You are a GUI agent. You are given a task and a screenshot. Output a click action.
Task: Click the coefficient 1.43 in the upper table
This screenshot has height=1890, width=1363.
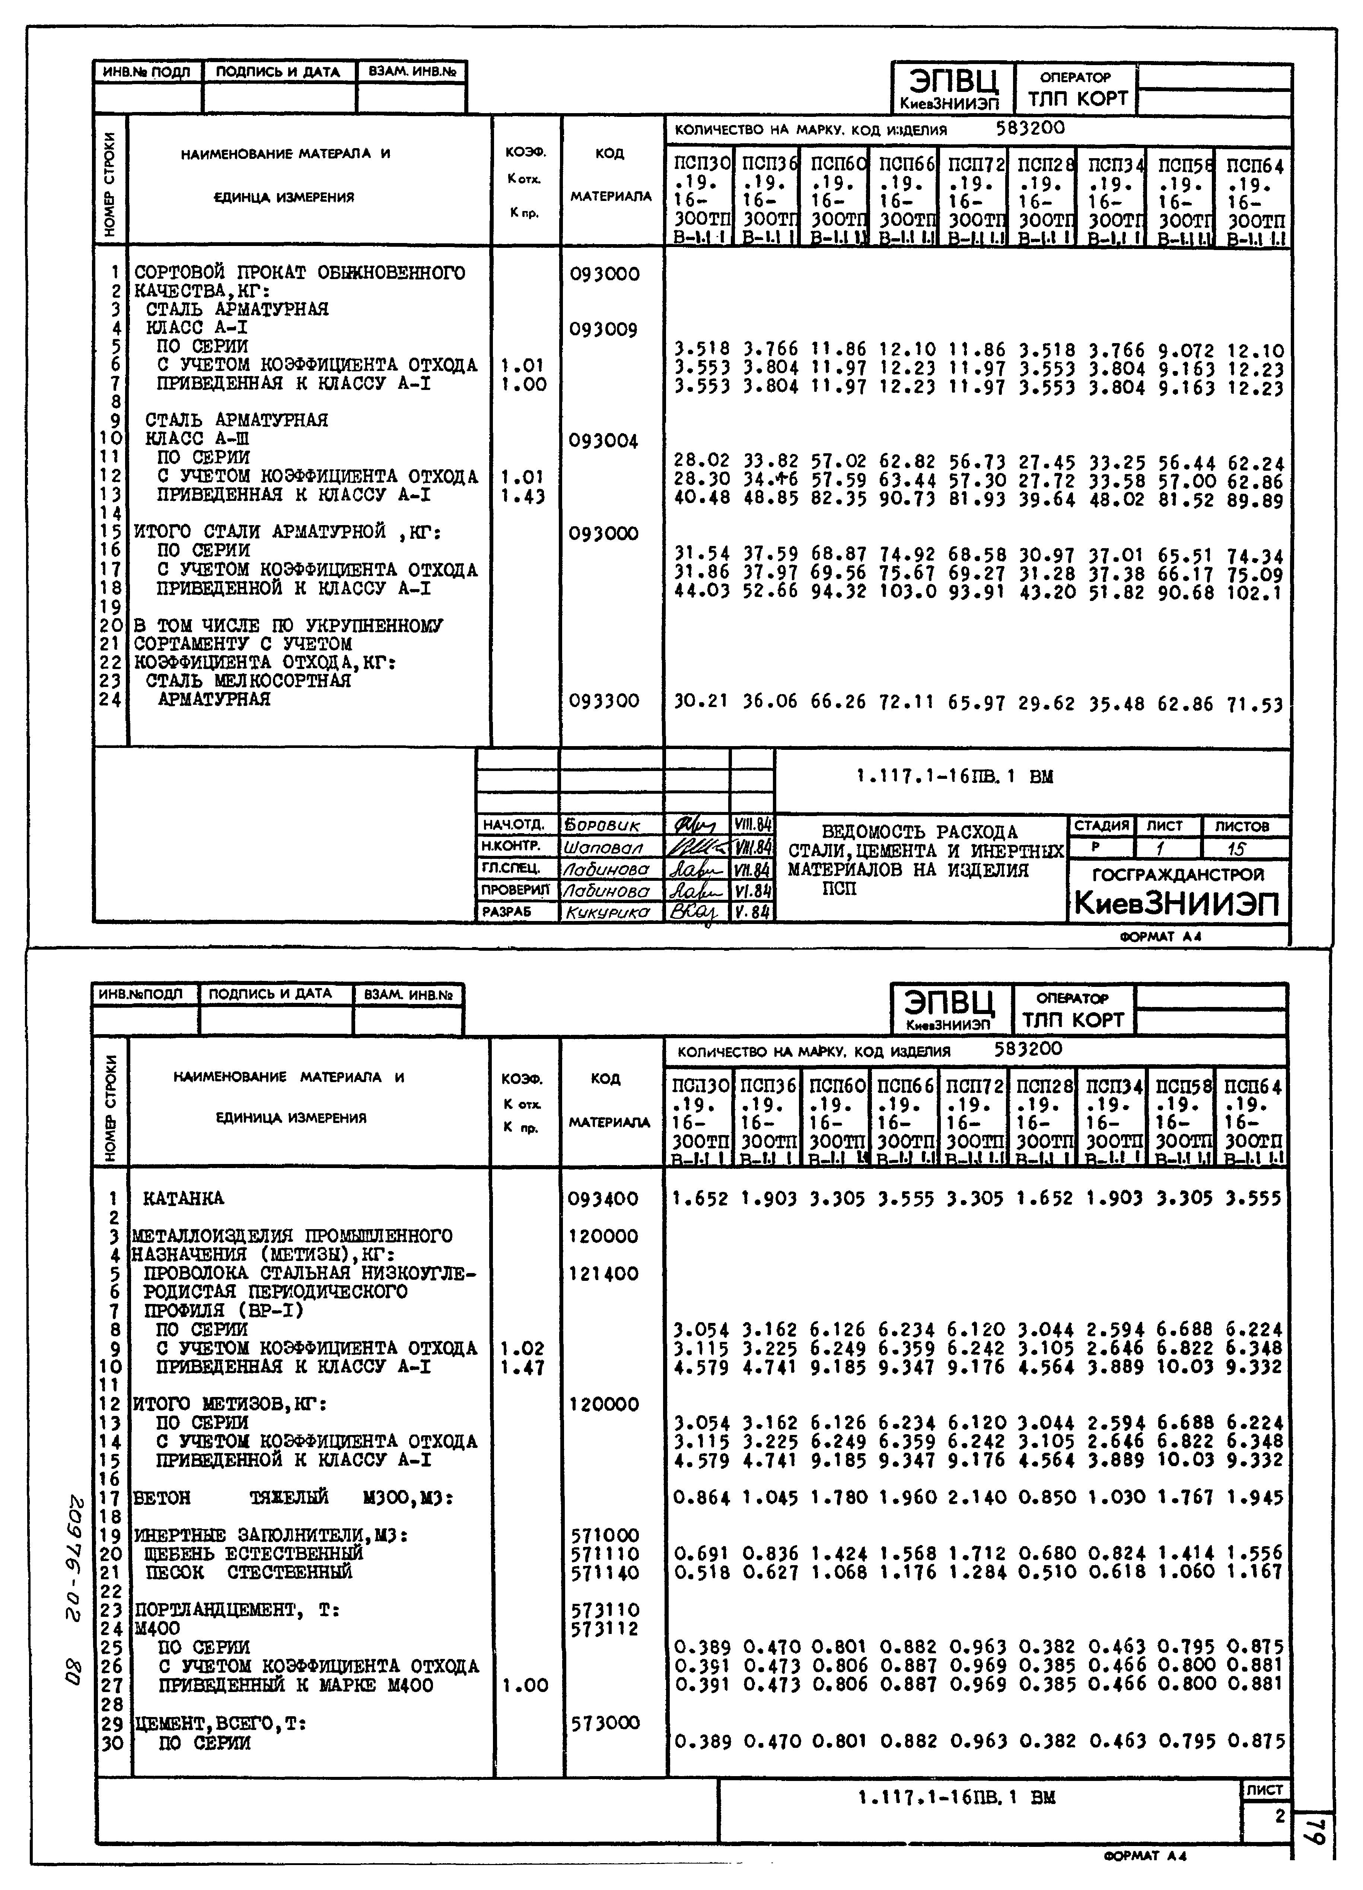click(x=523, y=497)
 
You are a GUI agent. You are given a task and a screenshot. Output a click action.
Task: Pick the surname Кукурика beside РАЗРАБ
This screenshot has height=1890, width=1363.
click(x=607, y=912)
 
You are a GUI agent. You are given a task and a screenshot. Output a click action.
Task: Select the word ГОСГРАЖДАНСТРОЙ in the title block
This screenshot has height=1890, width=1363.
click(x=1177, y=874)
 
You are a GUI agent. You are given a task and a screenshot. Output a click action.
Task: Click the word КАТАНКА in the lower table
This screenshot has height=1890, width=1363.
click(x=184, y=1198)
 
